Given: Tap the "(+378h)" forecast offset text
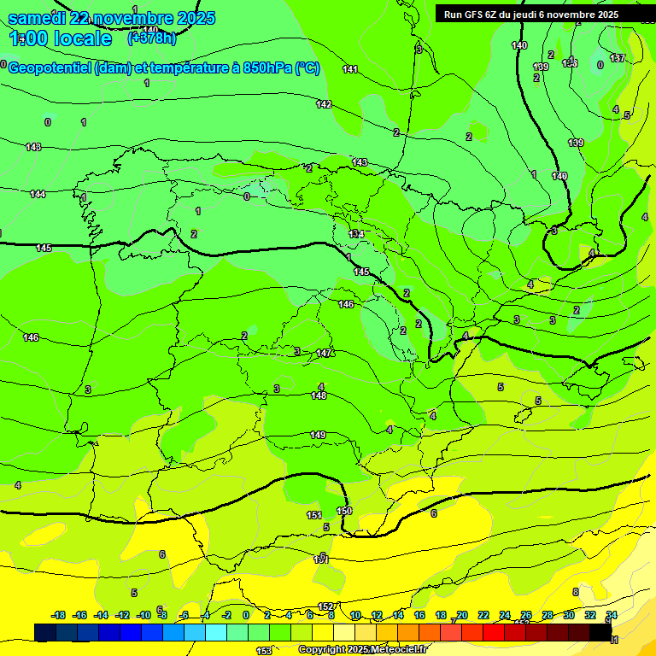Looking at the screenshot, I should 151,38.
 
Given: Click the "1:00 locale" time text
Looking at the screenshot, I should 60,38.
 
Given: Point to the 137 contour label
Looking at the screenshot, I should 618,58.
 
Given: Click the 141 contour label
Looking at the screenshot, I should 350,69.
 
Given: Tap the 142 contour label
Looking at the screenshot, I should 323,104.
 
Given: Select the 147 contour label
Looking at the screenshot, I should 324,353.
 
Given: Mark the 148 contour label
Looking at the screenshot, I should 319,395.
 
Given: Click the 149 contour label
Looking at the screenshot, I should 318,435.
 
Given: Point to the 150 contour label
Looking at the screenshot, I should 344,511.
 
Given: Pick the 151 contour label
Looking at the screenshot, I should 314,515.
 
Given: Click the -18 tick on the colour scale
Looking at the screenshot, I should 59,615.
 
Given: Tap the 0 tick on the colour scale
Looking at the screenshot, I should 246,615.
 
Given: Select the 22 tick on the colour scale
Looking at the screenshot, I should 483,615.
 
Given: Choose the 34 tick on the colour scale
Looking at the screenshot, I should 612,615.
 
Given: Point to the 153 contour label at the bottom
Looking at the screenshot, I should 264,651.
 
